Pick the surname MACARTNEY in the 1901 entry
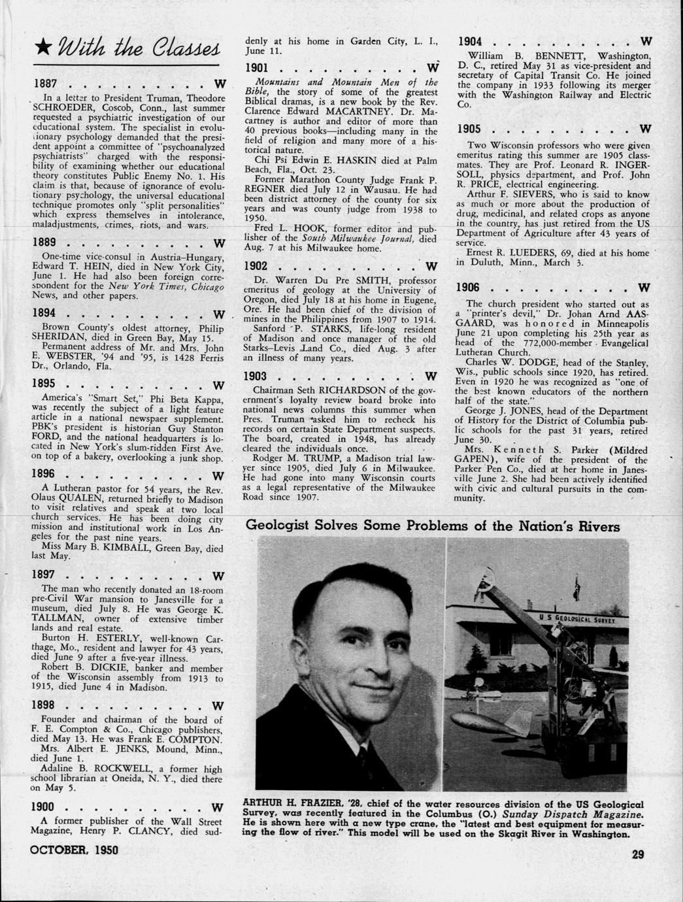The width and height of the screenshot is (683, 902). pos(341,111)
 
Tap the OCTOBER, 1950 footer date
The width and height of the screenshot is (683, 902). pos(73,852)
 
